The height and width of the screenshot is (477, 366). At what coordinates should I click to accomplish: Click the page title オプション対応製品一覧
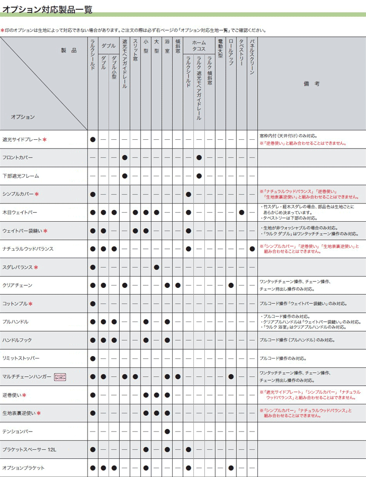[x=47, y=9]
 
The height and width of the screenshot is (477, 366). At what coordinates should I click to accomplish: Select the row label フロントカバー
[x=18, y=158]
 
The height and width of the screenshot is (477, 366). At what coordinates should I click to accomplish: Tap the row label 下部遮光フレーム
[x=20, y=176]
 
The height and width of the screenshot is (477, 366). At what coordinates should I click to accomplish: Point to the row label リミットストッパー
[x=21, y=358]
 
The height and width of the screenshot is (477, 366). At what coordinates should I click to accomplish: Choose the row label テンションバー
[x=18, y=431]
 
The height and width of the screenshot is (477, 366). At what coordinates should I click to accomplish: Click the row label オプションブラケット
[x=23, y=468]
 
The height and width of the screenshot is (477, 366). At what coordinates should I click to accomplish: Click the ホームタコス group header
[x=199, y=46]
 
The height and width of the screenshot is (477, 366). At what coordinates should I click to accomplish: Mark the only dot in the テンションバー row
[x=167, y=431]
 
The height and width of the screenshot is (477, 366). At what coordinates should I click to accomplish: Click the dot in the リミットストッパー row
[x=93, y=358]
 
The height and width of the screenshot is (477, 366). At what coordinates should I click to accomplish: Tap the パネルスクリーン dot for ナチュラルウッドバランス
[x=252, y=249]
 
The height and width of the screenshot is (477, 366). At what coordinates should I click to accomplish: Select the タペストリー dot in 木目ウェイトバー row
[x=241, y=212]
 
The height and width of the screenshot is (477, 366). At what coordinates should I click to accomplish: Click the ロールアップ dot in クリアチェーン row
[x=231, y=285]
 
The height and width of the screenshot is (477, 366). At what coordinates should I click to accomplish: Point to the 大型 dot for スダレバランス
[x=156, y=267]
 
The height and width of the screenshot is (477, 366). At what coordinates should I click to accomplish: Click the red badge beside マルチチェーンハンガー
[x=59, y=377]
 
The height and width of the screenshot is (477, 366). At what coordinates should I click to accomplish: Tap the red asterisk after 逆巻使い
[x=24, y=395]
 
